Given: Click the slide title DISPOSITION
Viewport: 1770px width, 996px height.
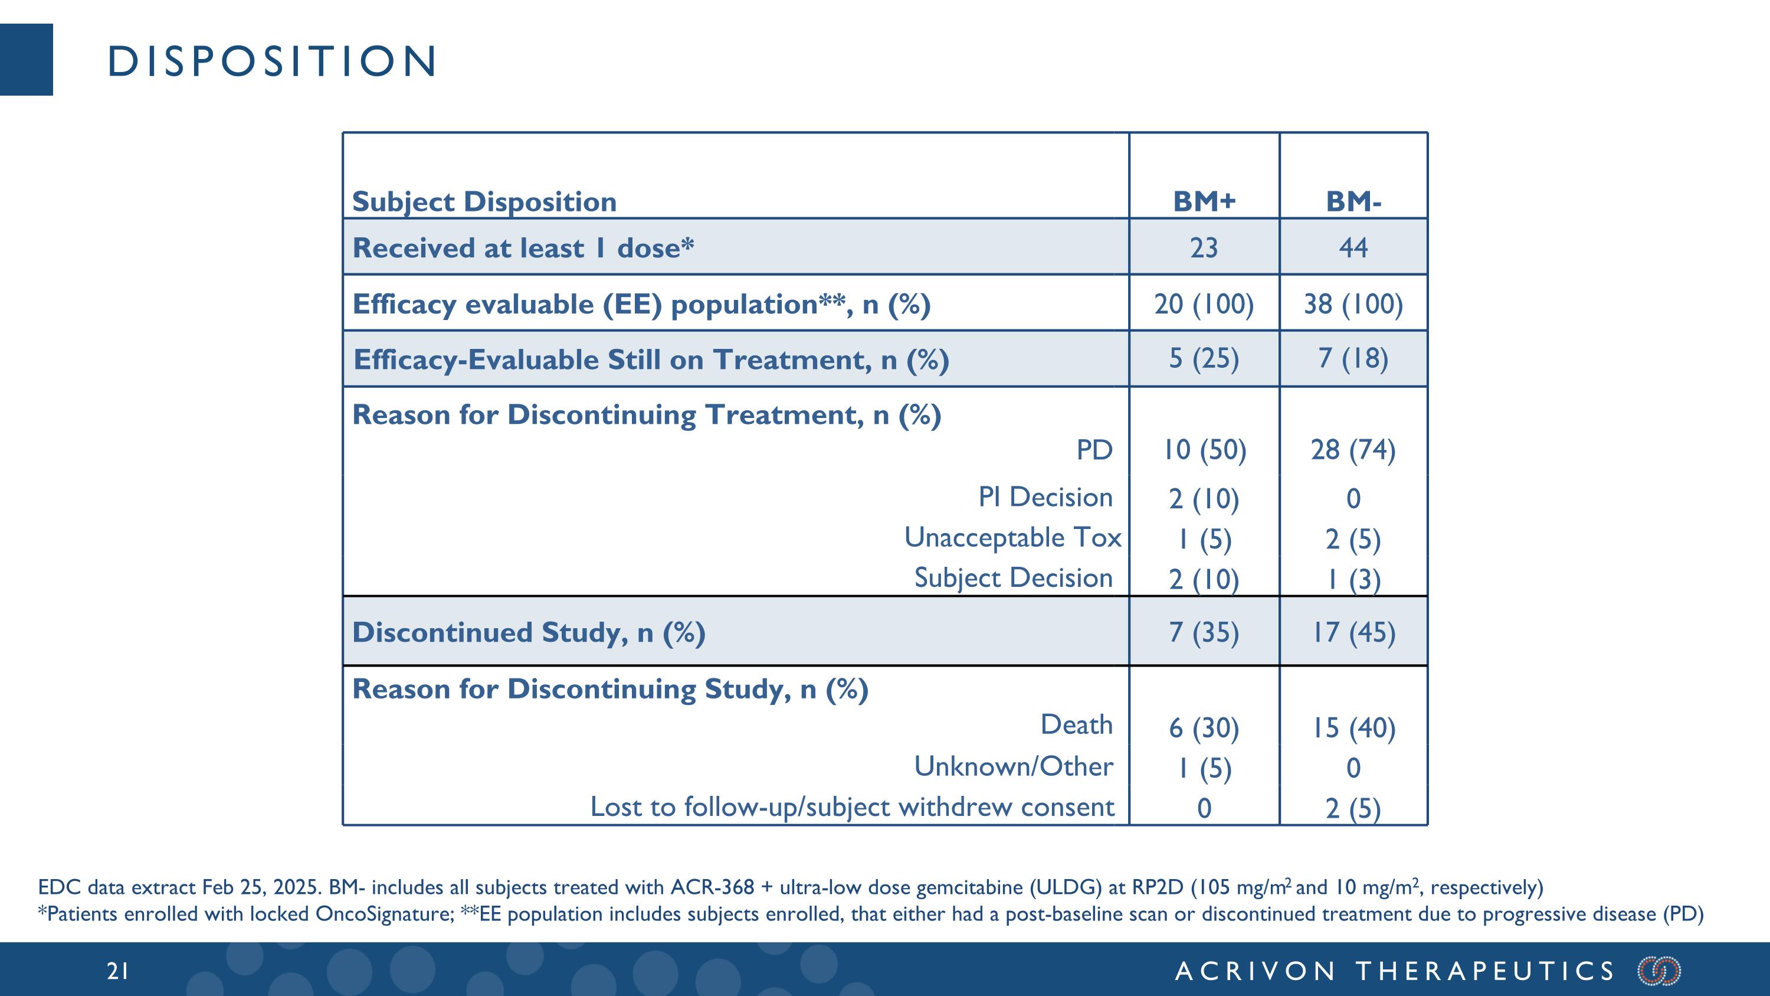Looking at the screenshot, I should pyautogui.click(x=272, y=61).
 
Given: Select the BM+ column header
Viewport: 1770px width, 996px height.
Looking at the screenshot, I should pyautogui.click(x=1204, y=201).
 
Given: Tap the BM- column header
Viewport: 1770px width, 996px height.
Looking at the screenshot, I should pyautogui.click(x=1353, y=201).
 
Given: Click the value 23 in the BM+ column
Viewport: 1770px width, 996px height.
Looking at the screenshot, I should pyautogui.click(x=1204, y=247).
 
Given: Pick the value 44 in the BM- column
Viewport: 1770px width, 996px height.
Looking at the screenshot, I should pyautogui.click(x=1353, y=247).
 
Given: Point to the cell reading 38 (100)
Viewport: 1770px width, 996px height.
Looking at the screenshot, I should pyautogui.click(x=1353, y=304).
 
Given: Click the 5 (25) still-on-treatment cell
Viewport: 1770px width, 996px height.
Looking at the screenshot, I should pyautogui.click(x=1204, y=358).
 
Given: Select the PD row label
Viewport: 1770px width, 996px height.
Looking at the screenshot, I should pyautogui.click(x=1094, y=450).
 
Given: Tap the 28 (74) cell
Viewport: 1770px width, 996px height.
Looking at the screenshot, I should pyautogui.click(x=1353, y=450).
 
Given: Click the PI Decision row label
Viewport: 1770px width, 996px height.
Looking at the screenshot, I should pyautogui.click(x=1045, y=497).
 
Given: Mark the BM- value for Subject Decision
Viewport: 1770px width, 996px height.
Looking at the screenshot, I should pyautogui.click(x=1353, y=579).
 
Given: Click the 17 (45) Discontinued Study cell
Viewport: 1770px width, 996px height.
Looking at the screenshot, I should pyautogui.click(x=1353, y=632).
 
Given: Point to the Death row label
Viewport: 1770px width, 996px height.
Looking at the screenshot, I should pyautogui.click(x=1076, y=724).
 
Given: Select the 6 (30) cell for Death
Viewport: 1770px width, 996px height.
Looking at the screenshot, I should pyautogui.click(x=1204, y=728).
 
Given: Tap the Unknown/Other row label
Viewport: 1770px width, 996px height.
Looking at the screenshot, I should pyautogui.click(x=1013, y=766).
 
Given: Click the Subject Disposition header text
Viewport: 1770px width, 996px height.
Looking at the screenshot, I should pyautogui.click(x=484, y=201).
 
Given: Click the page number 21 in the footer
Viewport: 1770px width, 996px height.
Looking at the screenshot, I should pyautogui.click(x=117, y=971).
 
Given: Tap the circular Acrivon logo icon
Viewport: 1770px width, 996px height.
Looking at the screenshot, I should pyautogui.click(x=1658, y=971).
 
